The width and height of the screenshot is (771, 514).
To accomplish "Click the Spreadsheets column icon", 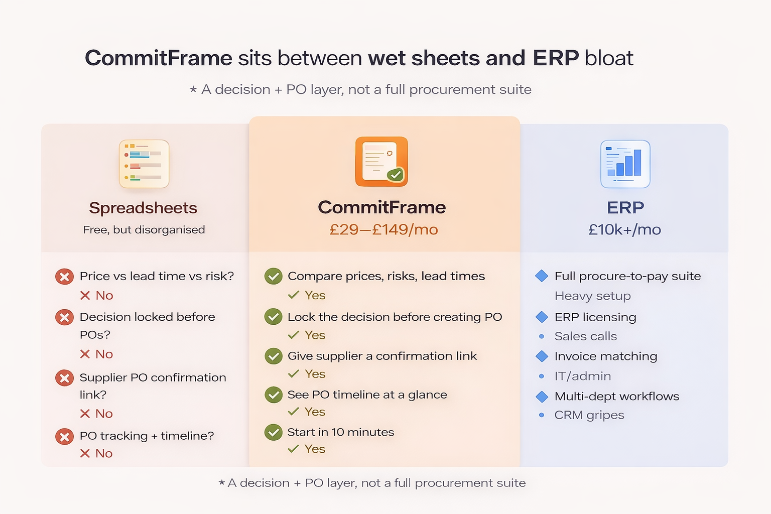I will [144, 164].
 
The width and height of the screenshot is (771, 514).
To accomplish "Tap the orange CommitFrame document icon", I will [381, 162].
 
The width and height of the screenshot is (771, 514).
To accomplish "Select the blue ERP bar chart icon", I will [625, 164].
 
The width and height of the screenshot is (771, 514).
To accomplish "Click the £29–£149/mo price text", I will [383, 229].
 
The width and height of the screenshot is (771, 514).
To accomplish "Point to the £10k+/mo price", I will [624, 229].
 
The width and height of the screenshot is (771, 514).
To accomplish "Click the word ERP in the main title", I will [556, 58].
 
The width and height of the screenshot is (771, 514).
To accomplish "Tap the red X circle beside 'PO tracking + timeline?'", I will [64, 436].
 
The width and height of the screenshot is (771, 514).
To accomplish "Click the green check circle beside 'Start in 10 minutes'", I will [274, 432].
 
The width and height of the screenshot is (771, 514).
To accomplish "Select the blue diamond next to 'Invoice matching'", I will [542, 356].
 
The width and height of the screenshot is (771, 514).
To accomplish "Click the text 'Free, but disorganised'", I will [144, 229].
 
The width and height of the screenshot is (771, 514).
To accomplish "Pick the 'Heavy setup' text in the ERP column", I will [592, 296].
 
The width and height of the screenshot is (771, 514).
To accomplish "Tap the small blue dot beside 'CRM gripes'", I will [542, 415].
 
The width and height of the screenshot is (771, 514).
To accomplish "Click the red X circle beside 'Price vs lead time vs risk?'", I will [64, 277].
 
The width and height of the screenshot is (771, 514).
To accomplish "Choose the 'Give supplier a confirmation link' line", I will [382, 356].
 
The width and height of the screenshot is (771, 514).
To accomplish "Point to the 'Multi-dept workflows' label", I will [616, 397].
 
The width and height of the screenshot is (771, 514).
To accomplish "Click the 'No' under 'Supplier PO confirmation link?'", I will [104, 414].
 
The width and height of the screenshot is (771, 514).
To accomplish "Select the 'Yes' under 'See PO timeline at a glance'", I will [315, 412].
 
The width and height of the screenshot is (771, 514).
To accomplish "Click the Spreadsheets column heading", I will [143, 208].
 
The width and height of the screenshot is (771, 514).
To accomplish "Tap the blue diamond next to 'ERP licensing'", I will [542, 317].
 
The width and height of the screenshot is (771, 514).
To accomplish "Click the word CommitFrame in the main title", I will [159, 58].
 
